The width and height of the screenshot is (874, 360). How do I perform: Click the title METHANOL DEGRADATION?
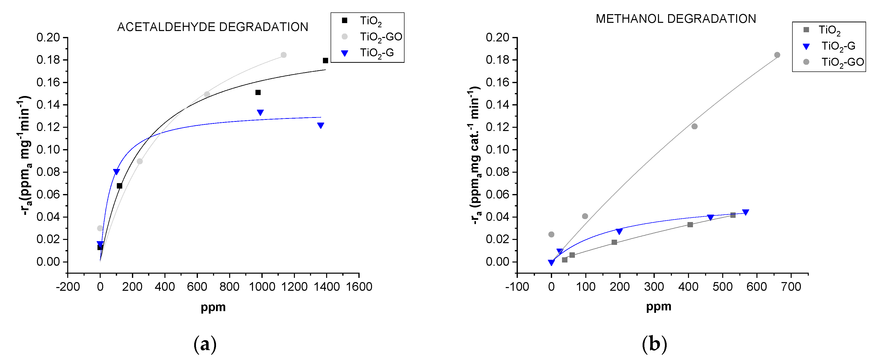676,19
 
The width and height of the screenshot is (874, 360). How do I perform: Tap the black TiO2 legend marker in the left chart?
344,20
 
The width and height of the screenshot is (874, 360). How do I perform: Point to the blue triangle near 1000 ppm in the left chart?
260,112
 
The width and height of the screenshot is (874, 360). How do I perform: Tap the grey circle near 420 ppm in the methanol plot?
694,127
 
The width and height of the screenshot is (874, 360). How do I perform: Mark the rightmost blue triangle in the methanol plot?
746,212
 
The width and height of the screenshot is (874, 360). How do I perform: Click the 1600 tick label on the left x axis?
359,287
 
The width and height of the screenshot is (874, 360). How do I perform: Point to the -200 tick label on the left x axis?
68,287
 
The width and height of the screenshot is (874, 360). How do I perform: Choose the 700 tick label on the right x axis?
791,287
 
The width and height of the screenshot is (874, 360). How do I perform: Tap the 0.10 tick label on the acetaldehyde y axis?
48,150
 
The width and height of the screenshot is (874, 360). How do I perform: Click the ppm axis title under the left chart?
213,307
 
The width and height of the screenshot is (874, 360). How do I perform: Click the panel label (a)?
205,344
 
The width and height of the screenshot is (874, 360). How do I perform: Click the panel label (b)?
654,344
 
